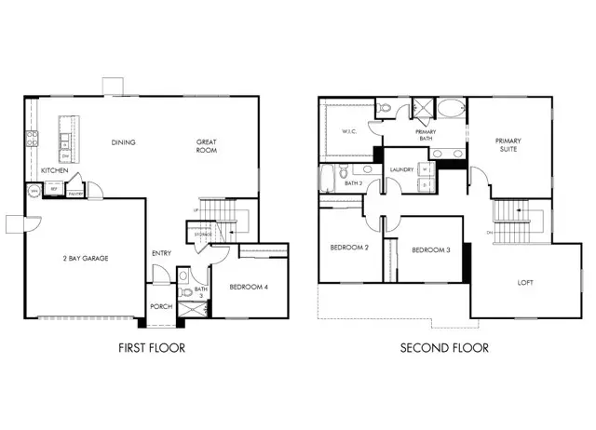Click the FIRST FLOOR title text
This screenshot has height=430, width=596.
tap(151, 348)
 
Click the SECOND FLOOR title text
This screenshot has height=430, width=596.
tap(444, 348)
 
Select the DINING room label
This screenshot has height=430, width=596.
tap(123, 142)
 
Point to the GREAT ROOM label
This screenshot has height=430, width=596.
tap(207, 146)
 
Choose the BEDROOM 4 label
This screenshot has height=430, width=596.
tap(249, 288)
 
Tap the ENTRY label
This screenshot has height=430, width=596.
tap(161, 253)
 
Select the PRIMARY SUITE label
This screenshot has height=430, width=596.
tap(508, 146)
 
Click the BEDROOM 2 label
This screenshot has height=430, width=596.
tap(349, 249)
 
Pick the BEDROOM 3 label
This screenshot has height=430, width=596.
tap(431, 250)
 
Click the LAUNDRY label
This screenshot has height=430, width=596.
tap(402, 170)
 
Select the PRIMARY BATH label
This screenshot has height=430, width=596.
tap(426, 137)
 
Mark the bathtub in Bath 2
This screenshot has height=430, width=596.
tap(328, 176)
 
